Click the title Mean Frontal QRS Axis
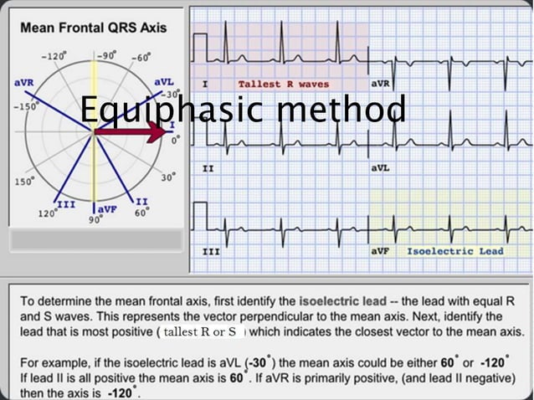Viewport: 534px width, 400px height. click(93, 27)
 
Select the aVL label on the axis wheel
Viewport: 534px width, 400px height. click(164, 82)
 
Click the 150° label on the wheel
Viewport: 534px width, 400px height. click(23, 180)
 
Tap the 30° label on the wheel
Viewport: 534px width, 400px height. click(168, 177)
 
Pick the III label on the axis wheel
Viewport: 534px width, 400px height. click(64, 203)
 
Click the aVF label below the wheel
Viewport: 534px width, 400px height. click(106, 208)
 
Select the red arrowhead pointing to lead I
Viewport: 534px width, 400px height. click(157, 132)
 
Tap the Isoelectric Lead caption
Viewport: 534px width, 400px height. click(455, 251)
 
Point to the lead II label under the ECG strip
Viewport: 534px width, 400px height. click(208, 168)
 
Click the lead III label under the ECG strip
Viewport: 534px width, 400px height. click(211, 251)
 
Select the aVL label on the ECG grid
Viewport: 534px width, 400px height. click(382, 168)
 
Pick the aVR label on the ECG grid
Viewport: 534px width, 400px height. click(382, 85)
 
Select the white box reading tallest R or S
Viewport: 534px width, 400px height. click(202, 332)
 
